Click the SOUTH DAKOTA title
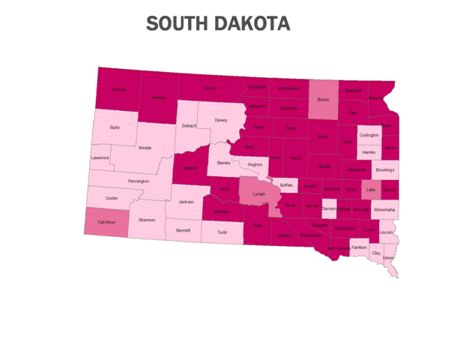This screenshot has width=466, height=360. tap(218, 23)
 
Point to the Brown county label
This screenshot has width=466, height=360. tap(324, 99)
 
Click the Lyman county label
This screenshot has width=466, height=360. tap(259, 193)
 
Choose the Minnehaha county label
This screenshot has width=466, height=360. tap(384, 211)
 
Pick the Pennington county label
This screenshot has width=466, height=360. tap(139, 181)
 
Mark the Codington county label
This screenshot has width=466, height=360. tap(369, 135)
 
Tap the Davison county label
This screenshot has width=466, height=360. tap(329, 208)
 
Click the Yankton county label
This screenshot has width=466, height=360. tap(359, 247)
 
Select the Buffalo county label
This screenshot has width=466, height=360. tap(286, 184)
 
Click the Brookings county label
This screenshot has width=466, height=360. tap(384, 171)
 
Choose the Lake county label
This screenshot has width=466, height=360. tap(370, 190)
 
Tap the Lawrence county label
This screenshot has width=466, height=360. tap(100, 157)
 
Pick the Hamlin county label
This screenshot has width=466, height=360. tap(368, 152)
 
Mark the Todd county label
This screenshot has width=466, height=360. tap(222, 232)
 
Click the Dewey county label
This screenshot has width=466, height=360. tap(221, 120)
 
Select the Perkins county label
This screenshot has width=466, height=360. tap(158, 98)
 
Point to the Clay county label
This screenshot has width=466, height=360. tap(376, 254)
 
